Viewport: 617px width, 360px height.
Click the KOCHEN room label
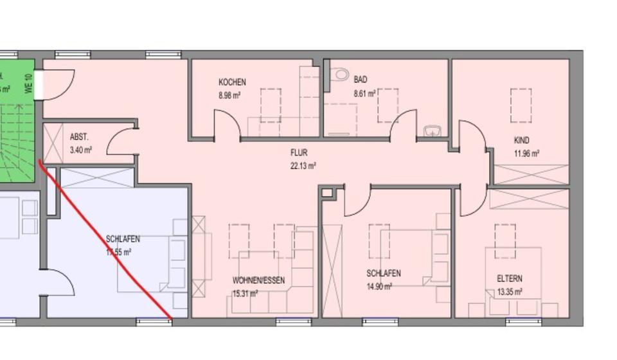(x=232, y=82)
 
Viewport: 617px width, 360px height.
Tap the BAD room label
(x=361, y=80)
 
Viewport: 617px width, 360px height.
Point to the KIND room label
(x=522, y=140)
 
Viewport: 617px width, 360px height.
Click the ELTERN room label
(x=510, y=279)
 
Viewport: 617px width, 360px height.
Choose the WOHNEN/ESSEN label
(x=258, y=280)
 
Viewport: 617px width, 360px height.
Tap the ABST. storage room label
(x=80, y=137)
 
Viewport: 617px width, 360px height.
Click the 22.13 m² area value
(x=303, y=166)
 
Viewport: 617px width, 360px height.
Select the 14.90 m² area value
(x=379, y=287)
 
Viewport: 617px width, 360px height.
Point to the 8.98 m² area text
(x=229, y=95)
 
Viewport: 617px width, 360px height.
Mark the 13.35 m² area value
(x=510, y=292)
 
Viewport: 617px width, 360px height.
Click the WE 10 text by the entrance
(x=29, y=85)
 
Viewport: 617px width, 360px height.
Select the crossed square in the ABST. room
(x=53, y=143)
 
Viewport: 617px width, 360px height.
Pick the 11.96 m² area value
(x=526, y=154)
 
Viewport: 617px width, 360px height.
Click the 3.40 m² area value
(x=81, y=150)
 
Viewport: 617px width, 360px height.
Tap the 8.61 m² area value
(x=365, y=93)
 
